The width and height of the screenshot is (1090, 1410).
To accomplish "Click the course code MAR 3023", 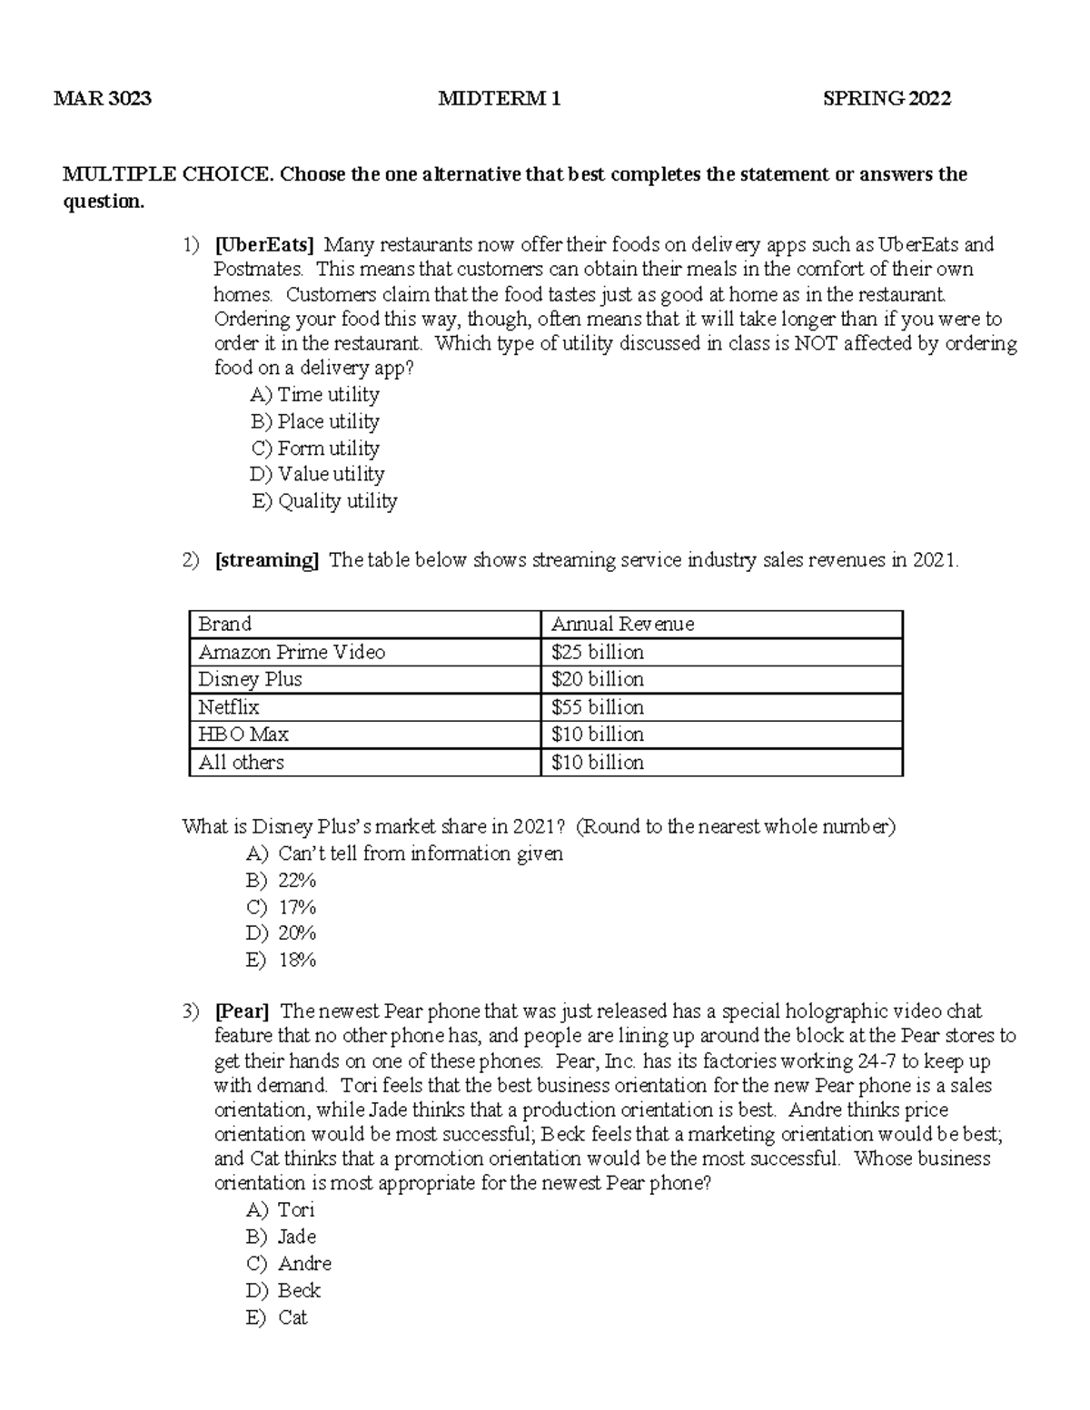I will [x=103, y=99].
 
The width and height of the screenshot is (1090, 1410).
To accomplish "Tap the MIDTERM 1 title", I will [x=499, y=99].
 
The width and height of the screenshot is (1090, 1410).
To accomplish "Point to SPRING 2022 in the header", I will [x=886, y=99].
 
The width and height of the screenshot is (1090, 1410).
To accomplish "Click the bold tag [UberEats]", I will [x=264, y=245].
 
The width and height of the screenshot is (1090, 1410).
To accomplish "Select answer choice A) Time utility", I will [x=314, y=395].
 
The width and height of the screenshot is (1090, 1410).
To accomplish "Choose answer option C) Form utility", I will [x=314, y=449].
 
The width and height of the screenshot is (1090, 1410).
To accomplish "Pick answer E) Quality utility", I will [x=324, y=501].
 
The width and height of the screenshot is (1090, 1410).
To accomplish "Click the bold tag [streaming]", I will [x=267, y=560].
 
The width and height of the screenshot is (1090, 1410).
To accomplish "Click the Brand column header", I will [x=225, y=625].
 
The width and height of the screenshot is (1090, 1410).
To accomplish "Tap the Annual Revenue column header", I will [x=622, y=625].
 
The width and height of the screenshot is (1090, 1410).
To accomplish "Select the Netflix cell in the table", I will [x=229, y=707].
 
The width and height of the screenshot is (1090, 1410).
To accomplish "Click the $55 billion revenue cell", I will [x=598, y=707].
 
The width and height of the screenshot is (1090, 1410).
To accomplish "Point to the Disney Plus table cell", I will [x=250, y=680].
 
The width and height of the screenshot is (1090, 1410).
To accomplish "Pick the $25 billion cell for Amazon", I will [x=598, y=653].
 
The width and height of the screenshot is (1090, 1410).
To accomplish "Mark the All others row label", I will [x=242, y=763].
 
